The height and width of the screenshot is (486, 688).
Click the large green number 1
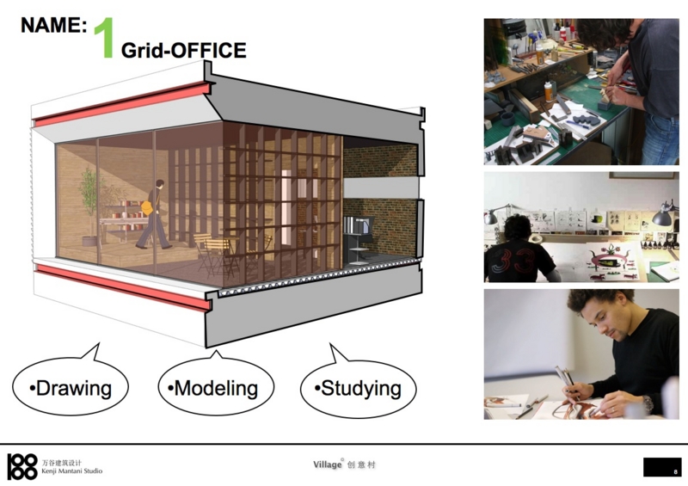click(x=104, y=38)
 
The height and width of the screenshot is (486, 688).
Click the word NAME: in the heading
click(x=54, y=25)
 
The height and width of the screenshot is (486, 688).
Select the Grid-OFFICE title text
click(x=183, y=50)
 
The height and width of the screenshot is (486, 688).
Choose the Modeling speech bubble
click(x=216, y=385)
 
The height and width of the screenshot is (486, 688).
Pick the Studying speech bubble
click(x=358, y=386)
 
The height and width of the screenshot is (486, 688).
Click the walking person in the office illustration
click(x=153, y=214)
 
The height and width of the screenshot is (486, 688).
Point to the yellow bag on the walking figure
click(x=147, y=207)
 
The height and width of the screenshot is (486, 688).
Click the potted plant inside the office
click(x=89, y=206)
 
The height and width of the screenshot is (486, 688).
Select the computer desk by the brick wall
click(x=358, y=239)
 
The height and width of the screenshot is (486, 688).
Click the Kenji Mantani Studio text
click(x=72, y=471)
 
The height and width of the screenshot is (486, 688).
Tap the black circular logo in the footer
click(x=22, y=466)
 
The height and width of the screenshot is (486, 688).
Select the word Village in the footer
click(x=328, y=464)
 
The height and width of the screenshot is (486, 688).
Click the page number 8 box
click(x=662, y=467)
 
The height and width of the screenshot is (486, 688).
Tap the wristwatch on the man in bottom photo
click(x=648, y=403)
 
